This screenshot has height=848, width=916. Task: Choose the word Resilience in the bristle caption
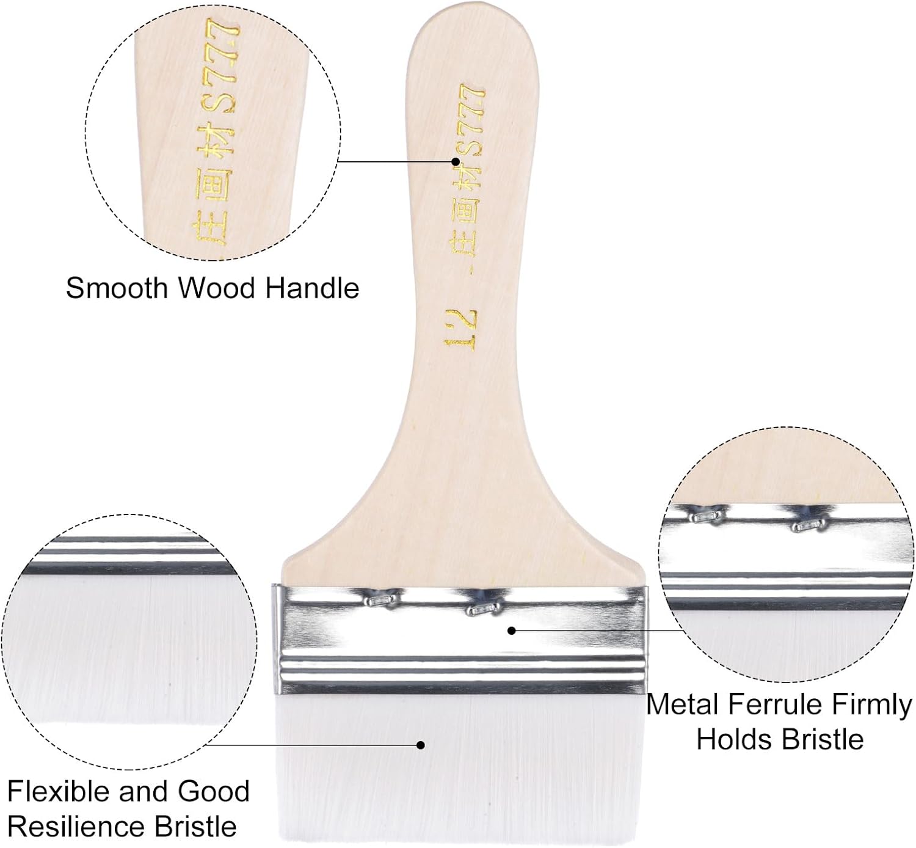point(76,827)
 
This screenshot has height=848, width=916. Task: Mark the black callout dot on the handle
point(455,162)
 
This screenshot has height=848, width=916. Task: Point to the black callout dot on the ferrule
point(512,630)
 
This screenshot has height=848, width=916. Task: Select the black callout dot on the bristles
point(420,744)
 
